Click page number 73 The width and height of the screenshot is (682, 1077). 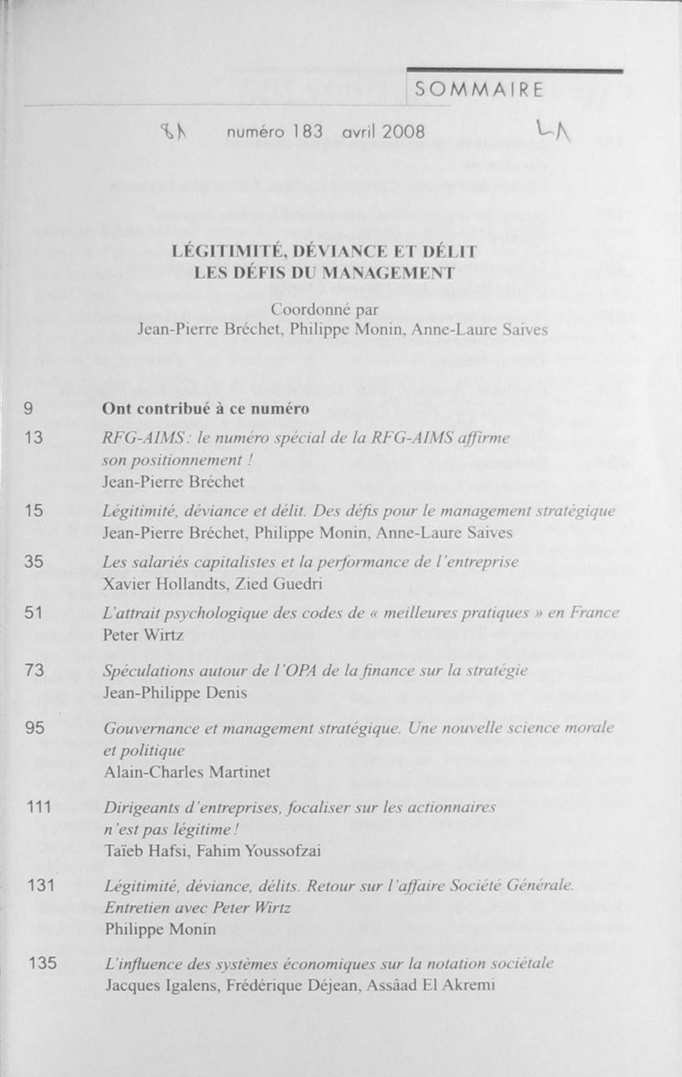(x=34, y=671)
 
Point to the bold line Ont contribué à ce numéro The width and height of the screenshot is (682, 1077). (x=206, y=409)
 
